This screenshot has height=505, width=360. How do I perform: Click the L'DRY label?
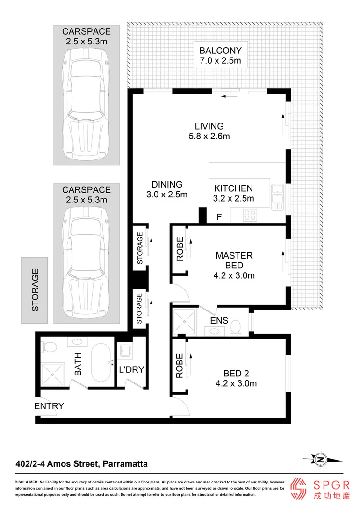[x=131, y=369]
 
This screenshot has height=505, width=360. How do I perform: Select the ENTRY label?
[x=49, y=406]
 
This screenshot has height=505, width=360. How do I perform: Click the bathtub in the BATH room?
[x=100, y=363]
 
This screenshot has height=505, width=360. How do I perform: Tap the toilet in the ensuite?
[x=236, y=326]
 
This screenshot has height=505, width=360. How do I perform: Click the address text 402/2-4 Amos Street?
[x=81, y=464]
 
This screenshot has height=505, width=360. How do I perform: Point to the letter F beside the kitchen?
[x=219, y=217]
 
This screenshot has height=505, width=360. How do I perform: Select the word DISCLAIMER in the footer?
[x=29, y=482]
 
